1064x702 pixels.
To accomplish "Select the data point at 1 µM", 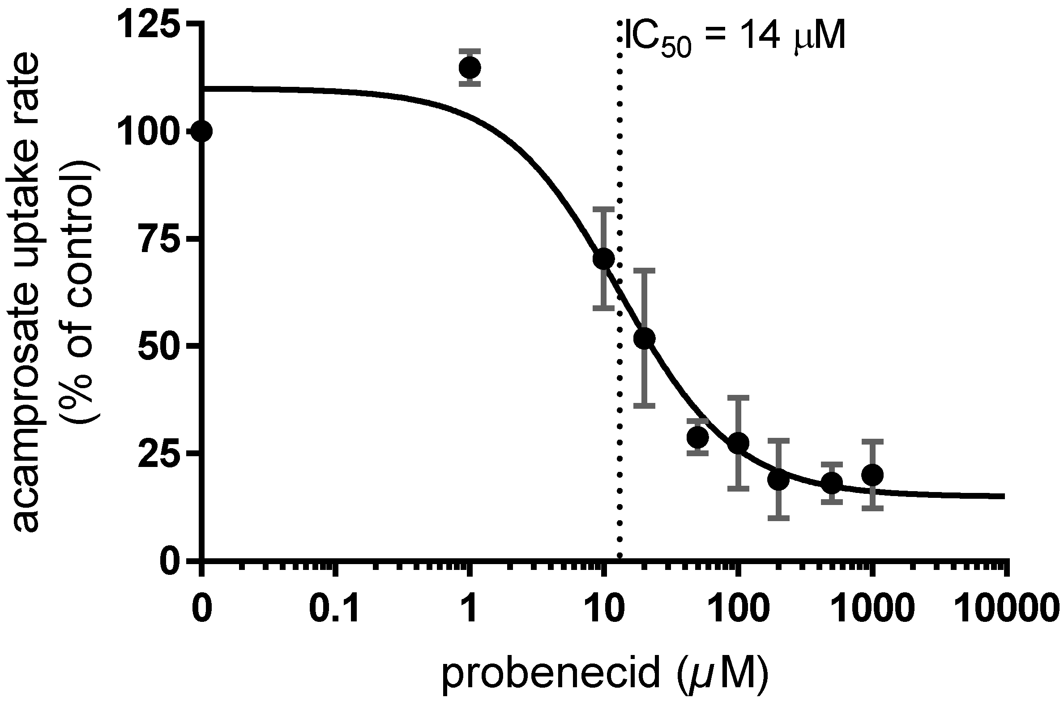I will [470, 68].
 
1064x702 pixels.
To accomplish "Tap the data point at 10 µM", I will [603, 258].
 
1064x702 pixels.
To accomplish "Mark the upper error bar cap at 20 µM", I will [645, 270].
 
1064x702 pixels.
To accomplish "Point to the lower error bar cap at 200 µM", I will [778, 518].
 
